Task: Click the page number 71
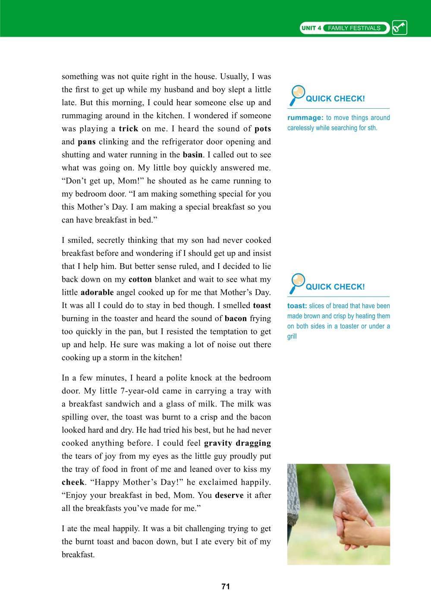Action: click(225, 586)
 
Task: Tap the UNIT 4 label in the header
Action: click(311, 28)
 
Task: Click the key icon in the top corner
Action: click(400, 28)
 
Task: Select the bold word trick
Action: click(128, 129)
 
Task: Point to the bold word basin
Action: click(192, 154)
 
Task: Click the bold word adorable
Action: click(97, 292)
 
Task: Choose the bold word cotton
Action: click(140, 280)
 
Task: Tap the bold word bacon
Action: click(236, 318)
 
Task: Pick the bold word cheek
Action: click(73, 482)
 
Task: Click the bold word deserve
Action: click(229, 495)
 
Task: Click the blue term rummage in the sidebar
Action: click(305, 118)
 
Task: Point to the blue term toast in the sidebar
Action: click(297, 306)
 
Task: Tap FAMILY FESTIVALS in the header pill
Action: click(354, 28)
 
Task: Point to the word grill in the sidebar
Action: click(292, 336)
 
